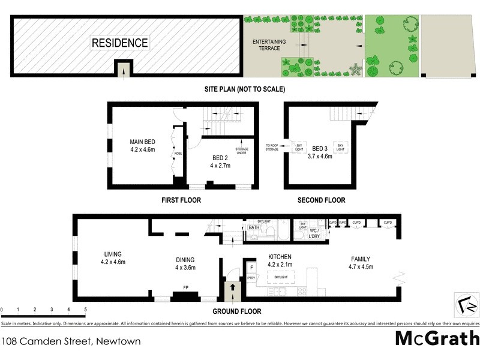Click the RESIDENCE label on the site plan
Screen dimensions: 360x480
click(x=119, y=43)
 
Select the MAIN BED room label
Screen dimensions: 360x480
click(x=142, y=142)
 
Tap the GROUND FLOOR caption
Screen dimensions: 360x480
click(x=237, y=311)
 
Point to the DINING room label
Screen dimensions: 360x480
click(x=185, y=260)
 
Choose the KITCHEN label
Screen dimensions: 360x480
click(x=279, y=256)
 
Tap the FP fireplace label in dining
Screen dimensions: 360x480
click(x=186, y=287)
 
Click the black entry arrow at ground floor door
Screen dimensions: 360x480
click(x=231, y=289)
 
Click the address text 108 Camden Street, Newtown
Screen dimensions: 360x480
click(x=71, y=341)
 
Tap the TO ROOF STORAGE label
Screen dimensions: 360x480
click(x=272, y=146)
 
